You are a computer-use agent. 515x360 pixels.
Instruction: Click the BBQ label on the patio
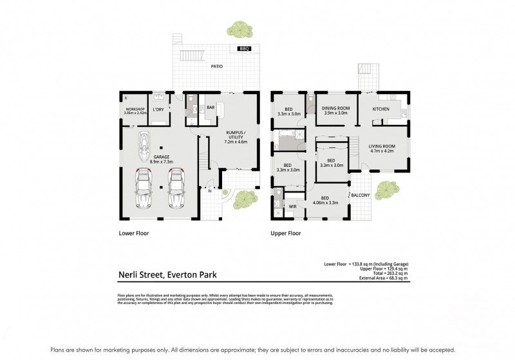tap(244, 49)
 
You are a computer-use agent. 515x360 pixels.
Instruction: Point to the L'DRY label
tap(158, 109)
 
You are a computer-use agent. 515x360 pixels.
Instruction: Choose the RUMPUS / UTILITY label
tap(236, 137)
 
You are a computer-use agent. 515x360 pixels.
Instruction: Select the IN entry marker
tap(209, 191)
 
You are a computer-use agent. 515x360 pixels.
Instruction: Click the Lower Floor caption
tap(134, 234)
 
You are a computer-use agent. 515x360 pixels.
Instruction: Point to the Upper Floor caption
tap(285, 234)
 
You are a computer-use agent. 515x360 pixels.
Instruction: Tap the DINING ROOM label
tap(334, 110)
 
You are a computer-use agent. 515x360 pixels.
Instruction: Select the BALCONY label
tap(359, 195)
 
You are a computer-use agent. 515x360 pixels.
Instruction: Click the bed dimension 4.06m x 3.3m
tap(325, 202)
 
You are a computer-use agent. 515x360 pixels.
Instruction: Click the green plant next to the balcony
tap(385, 190)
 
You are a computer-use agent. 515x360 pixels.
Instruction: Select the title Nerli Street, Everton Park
tap(167, 275)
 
